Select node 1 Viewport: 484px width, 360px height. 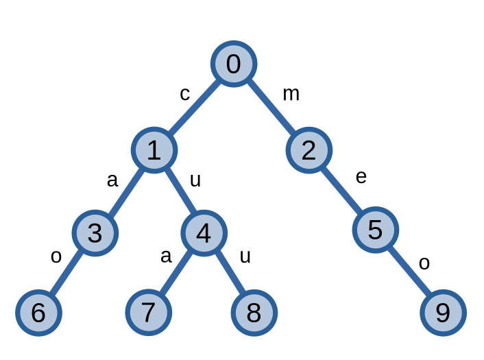pyautogui.click(x=154, y=150)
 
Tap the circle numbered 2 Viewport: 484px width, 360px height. pyautogui.click(x=308, y=150)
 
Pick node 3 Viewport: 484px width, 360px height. pyautogui.click(x=95, y=232)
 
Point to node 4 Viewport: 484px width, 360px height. pyautogui.click(x=204, y=233)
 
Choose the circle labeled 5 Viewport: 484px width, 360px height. pyautogui.click(x=375, y=230)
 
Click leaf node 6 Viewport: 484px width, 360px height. pyautogui.click(x=38, y=313)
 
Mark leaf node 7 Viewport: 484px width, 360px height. pyautogui.click(x=148, y=313)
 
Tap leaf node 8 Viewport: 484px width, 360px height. pyautogui.click(x=254, y=313)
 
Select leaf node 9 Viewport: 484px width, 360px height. pyautogui.click(x=443, y=313)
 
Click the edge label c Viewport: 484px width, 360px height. pyautogui.click(x=184, y=93)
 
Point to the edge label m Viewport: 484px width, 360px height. pyautogui.click(x=291, y=93)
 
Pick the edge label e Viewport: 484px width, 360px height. pyautogui.click(x=361, y=177)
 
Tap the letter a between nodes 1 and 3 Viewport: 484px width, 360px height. pyautogui.click(x=112, y=180)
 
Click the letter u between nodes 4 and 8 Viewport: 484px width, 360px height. pyautogui.click(x=245, y=256)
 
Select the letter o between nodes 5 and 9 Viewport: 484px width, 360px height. pyautogui.click(x=424, y=263)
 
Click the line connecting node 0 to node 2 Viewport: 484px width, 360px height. pyautogui.click(x=271, y=107)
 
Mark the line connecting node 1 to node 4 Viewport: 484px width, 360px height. pyautogui.click(x=179, y=192)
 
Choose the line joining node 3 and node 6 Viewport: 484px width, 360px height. pyautogui.click(x=66, y=273)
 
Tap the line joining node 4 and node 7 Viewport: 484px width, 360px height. pyautogui.click(x=176, y=273)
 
